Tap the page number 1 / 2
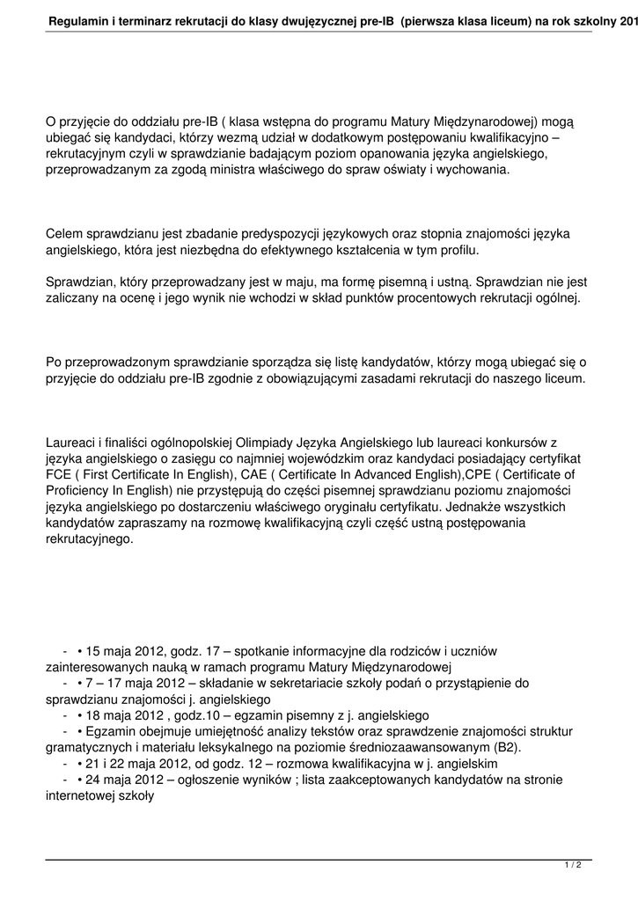click(x=573, y=866)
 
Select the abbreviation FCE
click(x=59, y=475)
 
